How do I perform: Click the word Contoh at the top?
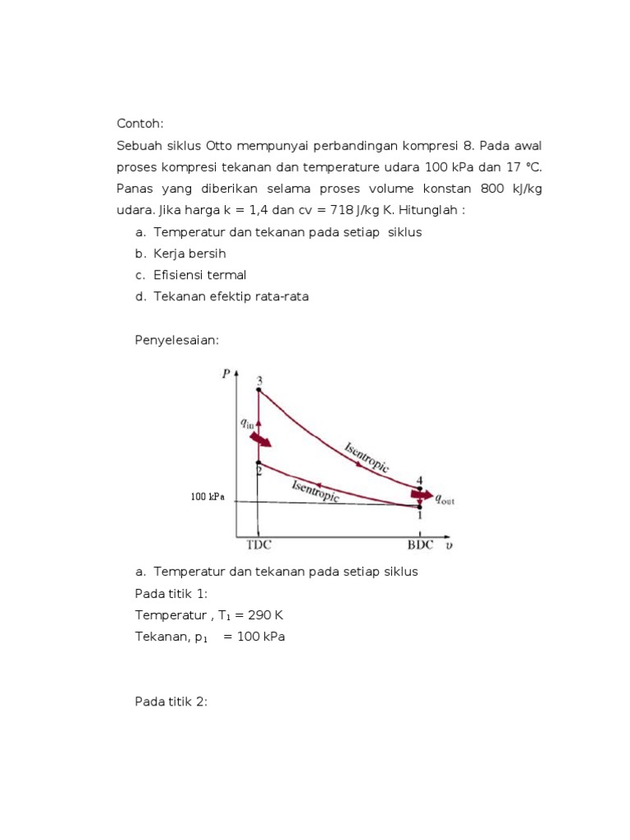point(141,124)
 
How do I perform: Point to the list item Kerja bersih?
point(189,253)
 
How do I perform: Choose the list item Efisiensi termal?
point(199,275)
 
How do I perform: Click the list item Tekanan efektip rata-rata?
point(231,296)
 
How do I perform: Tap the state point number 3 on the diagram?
point(259,381)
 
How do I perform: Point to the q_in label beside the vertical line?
point(246,423)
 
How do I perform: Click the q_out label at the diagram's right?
point(443,496)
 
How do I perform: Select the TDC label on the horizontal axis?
point(259,543)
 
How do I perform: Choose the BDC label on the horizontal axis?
point(422,543)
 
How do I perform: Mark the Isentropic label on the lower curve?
point(316,491)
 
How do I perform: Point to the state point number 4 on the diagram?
point(419,481)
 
